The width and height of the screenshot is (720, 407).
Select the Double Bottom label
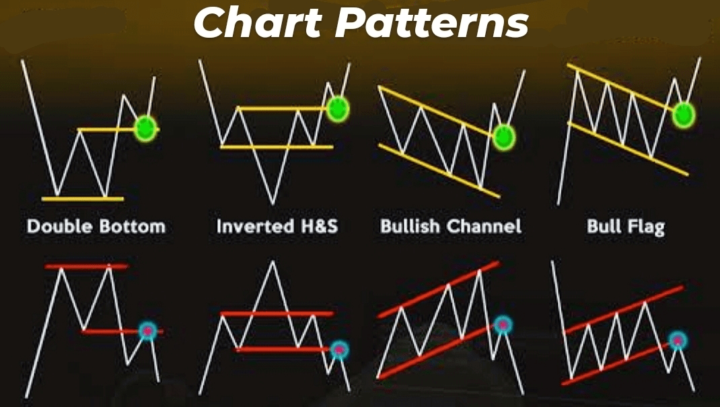pos(96,226)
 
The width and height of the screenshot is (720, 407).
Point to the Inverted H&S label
pos(277,226)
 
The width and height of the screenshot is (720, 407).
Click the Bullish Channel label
pos(451,226)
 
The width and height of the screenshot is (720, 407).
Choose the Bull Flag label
pos(625,226)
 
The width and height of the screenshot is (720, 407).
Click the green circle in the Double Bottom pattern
pos(145,127)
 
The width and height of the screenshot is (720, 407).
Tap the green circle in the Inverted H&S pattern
pos(338,108)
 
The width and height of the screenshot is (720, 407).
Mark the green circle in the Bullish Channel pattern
pos(503,137)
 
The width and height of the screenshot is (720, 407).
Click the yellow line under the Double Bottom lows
pos(82,199)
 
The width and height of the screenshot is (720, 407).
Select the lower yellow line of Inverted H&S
pos(276,146)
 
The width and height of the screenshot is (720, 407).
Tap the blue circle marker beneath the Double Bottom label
pos(147,331)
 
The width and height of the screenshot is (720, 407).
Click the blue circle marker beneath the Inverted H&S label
pos(340,349)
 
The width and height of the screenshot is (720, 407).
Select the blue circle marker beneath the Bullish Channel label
pos(503,325)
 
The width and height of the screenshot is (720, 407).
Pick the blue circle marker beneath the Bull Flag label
pos(678,340)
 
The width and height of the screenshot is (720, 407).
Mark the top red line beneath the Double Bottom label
pos(86,267)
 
